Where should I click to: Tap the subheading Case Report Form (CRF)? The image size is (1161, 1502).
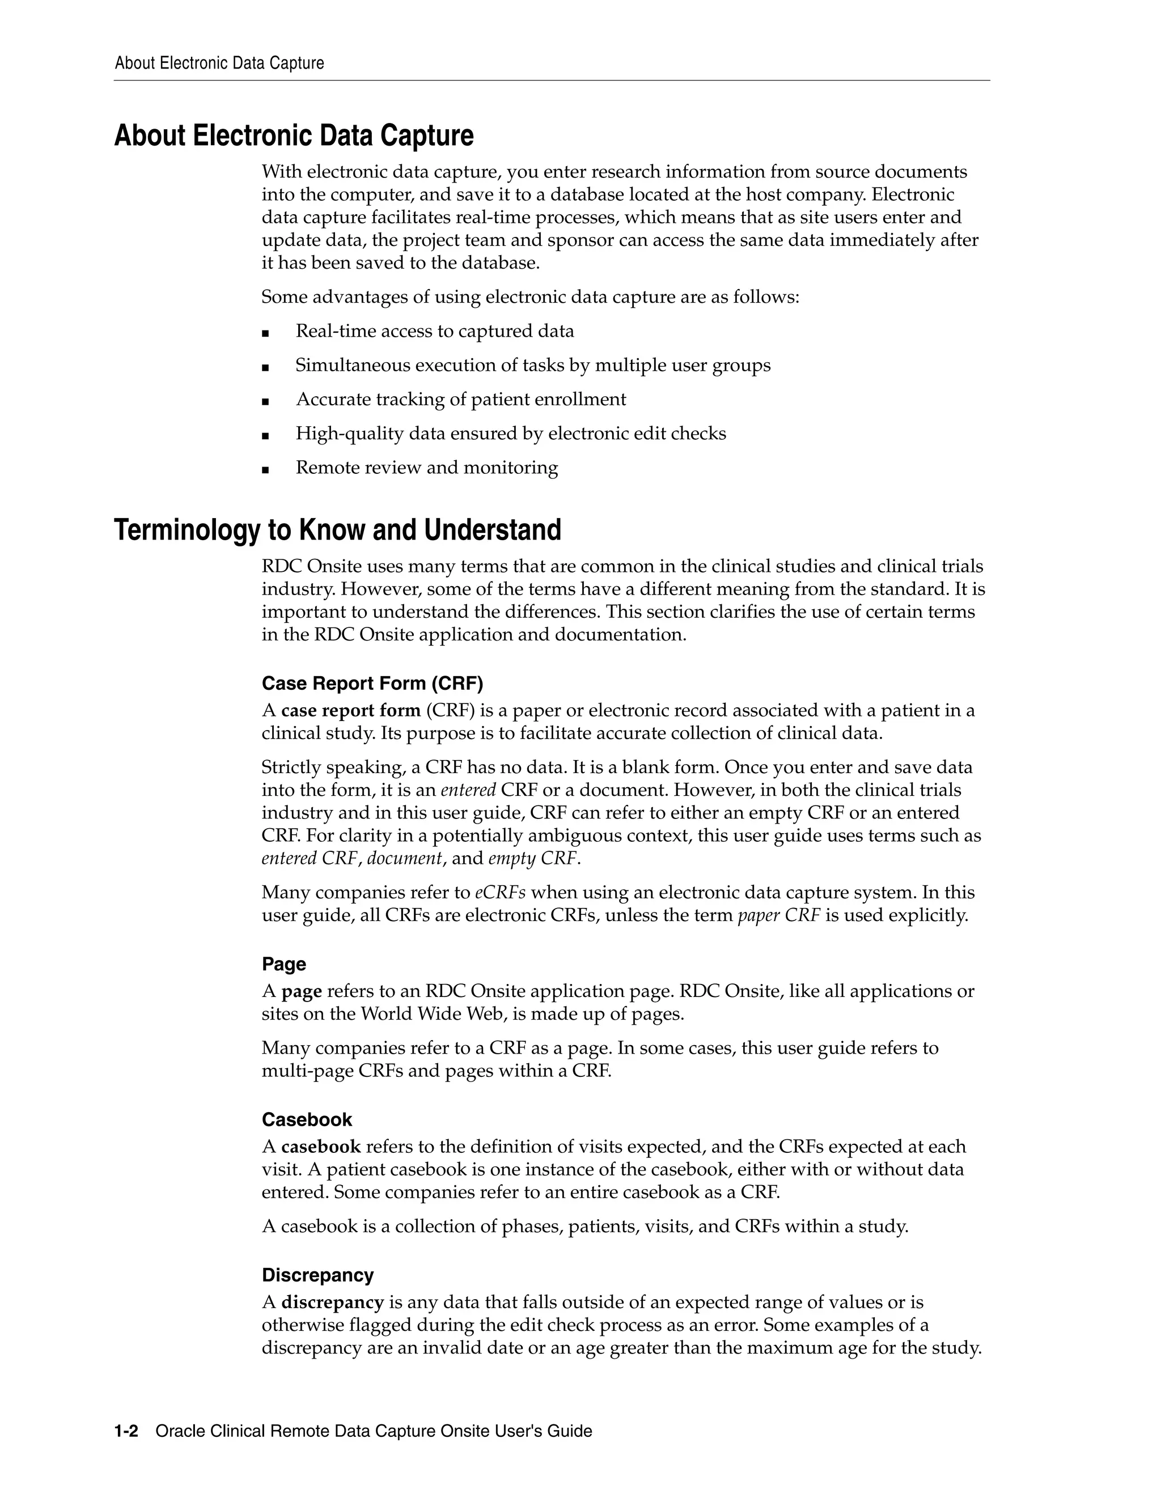(372, 683)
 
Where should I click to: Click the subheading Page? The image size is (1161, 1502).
(283, 964)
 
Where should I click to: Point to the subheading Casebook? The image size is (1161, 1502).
(307, 1119)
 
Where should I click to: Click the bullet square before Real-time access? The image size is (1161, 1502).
(265, 333)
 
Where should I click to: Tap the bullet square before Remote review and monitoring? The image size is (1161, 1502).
(265, 470)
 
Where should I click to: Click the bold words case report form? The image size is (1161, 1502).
(350, 710)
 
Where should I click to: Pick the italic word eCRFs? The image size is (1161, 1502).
(500, 893)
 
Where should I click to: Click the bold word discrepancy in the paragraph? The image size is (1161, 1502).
(332, 1302)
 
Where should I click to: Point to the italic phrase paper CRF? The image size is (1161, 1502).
(778, 915)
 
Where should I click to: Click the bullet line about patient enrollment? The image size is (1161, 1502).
(460, 400)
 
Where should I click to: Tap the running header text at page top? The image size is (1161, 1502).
(219, 63)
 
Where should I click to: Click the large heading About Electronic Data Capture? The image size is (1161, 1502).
(294, 135)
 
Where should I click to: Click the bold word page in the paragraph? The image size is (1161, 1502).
(301, 991)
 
